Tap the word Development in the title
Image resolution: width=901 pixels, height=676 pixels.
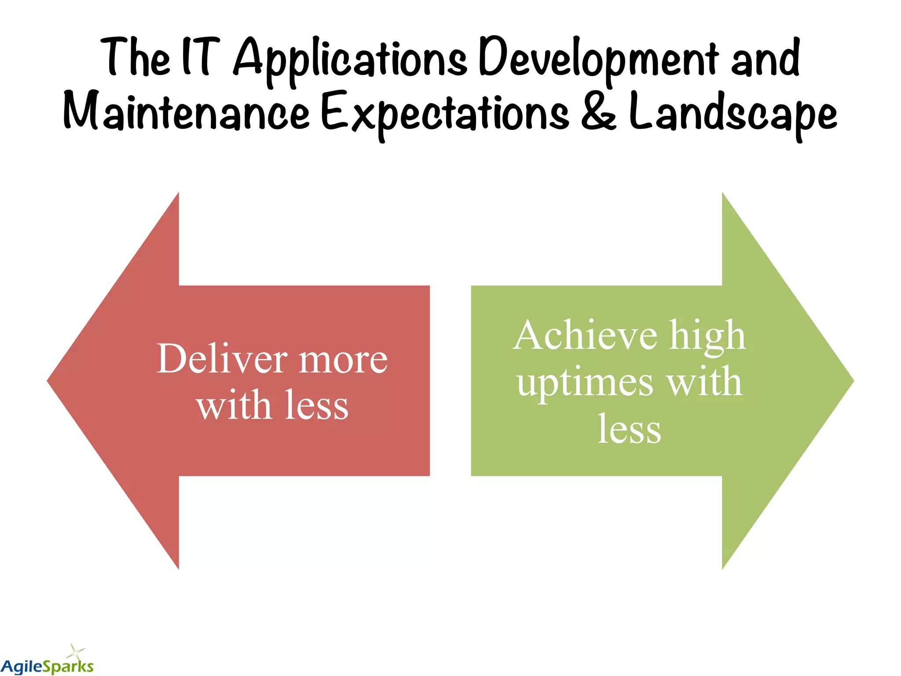pos(598,59)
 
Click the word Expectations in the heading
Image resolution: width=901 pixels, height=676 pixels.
pos(444,114)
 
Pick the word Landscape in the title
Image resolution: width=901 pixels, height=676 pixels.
pos(733,112)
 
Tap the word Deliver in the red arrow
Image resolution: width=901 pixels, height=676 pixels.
pos(222,359)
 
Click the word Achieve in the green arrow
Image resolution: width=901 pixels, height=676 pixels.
pos(585,335)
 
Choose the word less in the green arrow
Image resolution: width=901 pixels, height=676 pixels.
pos(629,429)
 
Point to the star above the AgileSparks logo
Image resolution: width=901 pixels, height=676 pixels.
pos(77,650)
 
